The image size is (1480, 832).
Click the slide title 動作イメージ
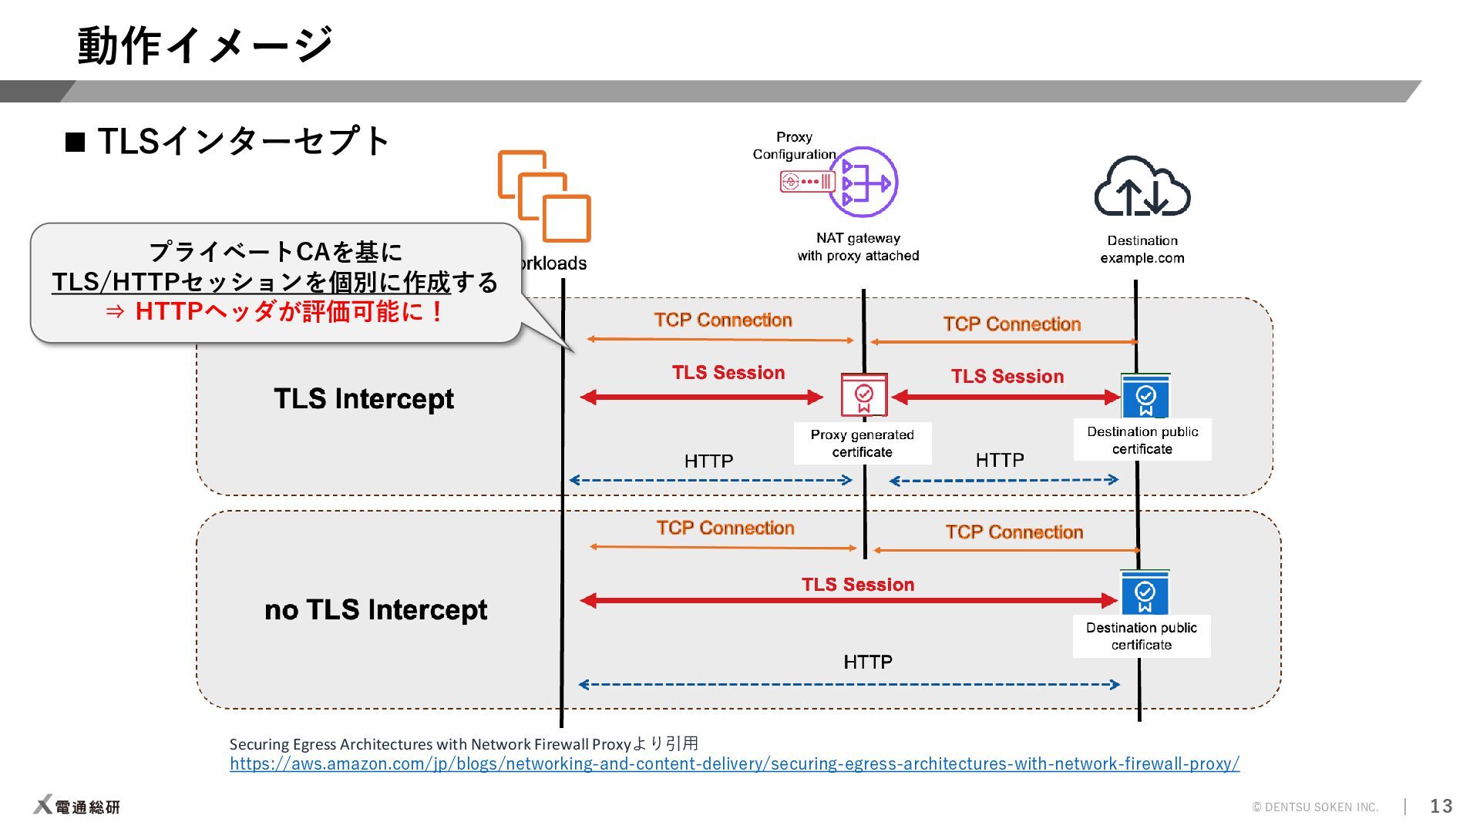(x=204, y=45)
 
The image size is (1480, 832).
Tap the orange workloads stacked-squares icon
(x=544, y=196)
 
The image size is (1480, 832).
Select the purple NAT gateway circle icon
(x=864, y=183)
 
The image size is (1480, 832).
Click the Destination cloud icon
(x=1142, y=187)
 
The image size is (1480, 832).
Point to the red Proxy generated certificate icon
(x=864, y=395)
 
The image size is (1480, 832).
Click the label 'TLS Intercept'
(x=363, y=399)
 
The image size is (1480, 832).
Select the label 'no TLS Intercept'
(x=375, y=609)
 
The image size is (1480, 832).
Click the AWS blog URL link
(x=734, y=763)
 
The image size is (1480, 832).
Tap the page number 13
(x=1441, y=806)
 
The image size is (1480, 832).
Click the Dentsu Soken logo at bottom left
(x=77, y=805)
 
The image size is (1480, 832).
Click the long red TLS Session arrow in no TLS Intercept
(x=848, y=600)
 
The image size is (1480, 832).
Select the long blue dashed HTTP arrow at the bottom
(x=848, y=684)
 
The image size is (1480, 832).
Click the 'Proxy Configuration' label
(x=794, y=146)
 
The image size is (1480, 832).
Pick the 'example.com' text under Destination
(x=1142, y=258)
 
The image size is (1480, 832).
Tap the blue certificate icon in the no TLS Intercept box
(x=1145, y=592)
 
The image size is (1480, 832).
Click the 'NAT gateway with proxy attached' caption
(x=858, y=247)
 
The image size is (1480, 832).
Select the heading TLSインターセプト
(x=244, y=142)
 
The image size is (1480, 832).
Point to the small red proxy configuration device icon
(x=807, y=182)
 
